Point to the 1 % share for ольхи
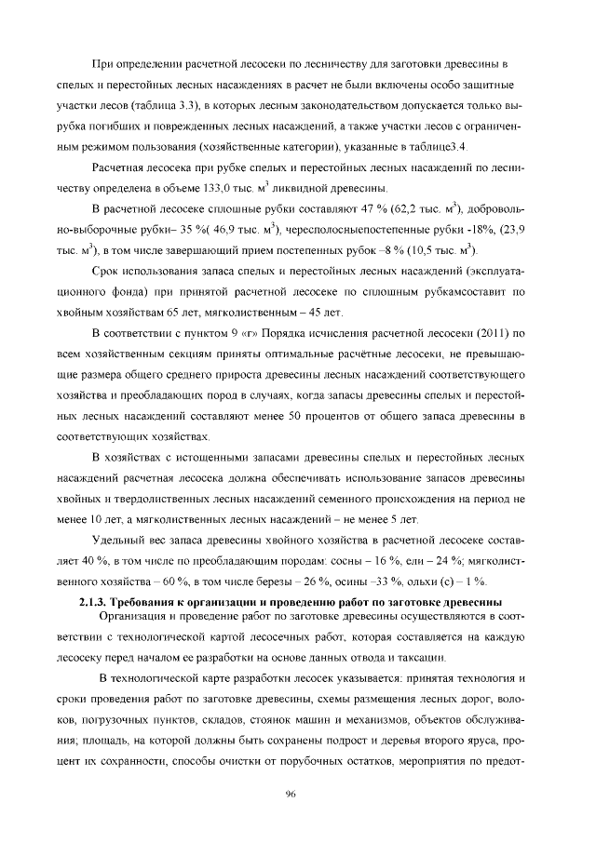coord(449,582)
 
